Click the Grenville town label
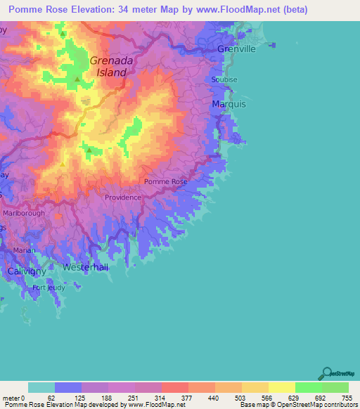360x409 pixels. tap(236, 49)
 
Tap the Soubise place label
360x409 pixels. tap(224, 80)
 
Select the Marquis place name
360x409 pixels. tap(229, 104)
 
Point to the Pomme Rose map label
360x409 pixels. tap(166, 182)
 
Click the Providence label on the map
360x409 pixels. tap(123, 197)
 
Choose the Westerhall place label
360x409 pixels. tap(84, 268)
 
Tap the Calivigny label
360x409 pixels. tap(26, 271)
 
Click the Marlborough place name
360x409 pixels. tap(24, 213)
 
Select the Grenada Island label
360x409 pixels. tap(108, 66)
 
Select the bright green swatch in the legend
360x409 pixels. tap(308, 387)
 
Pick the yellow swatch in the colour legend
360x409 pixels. tap(281, 387)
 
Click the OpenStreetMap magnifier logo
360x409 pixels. tap(326, 374)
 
